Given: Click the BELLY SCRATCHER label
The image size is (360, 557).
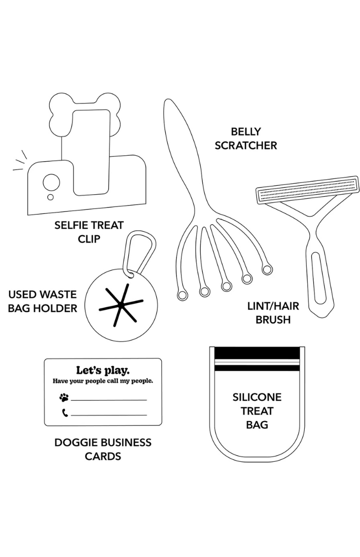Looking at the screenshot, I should tap(245, 139).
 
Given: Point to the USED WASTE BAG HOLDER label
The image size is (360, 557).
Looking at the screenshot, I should tap(42, 302).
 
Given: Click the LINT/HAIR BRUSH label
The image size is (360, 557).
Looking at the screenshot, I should tap(273, 313).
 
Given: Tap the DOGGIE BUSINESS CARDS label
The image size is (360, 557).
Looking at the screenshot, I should tap(103, 449).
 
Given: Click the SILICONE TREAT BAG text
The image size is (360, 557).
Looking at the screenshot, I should tap(257, 411).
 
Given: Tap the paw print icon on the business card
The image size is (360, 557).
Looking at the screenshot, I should tap(64, 397).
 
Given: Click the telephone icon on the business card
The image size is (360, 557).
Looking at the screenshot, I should tap(65, 413).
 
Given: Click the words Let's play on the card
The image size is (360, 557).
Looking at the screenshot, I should tap(103, 370).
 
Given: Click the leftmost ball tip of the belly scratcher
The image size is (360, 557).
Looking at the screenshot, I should tap(181, 295).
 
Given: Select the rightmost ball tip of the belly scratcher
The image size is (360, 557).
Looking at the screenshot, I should tap(267, 269).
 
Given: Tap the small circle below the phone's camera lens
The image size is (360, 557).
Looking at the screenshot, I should tap(50, 197).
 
